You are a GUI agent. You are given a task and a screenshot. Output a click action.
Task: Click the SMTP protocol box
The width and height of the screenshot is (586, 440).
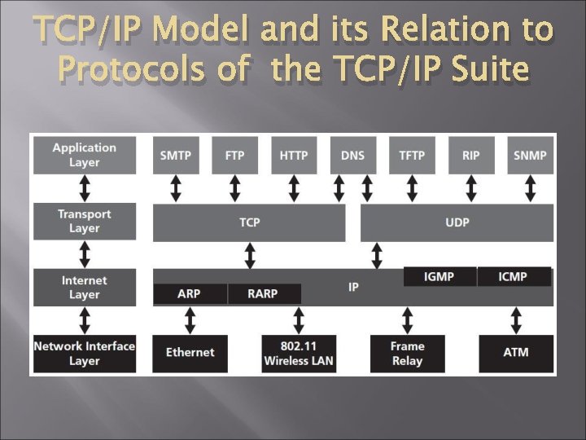(176, 155)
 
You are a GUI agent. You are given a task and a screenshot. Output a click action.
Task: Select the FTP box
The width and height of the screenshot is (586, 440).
(234, 155)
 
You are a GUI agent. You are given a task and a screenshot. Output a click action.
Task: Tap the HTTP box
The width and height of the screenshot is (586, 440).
(294, 155)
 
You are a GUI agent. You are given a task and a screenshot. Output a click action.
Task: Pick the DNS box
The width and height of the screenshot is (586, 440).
(352, 155)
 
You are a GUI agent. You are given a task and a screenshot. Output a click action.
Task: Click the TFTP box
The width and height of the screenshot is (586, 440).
(412, 155)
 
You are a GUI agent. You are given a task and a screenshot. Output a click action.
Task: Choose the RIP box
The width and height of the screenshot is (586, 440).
(470, 155)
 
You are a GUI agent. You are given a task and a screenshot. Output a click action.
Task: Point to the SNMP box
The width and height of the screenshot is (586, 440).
(530, 155)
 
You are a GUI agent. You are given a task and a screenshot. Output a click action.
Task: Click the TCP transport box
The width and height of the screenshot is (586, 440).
(249, 222)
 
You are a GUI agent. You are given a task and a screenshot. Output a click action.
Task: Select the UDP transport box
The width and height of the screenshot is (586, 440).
(457, 222)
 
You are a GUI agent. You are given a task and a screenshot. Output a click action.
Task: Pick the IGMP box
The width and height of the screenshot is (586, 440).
(439, 277)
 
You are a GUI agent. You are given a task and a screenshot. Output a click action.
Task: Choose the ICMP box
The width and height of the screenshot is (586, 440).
(513, 277)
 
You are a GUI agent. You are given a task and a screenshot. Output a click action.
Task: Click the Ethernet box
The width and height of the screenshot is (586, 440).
(190, 353)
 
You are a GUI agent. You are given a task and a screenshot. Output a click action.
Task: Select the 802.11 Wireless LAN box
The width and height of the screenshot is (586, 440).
(299, 353)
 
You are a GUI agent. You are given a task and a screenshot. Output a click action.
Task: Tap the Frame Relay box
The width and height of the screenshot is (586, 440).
(407, 353)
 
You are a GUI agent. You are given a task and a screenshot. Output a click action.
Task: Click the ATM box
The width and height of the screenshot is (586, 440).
(515, 353)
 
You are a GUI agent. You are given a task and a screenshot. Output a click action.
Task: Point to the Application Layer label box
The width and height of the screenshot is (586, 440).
(84, 155)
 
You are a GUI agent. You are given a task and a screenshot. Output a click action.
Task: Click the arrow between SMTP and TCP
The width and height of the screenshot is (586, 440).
(176, 188)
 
